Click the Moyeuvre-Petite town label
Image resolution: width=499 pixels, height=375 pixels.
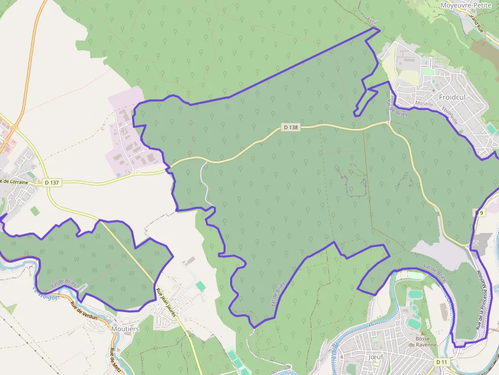(x=466, y=5)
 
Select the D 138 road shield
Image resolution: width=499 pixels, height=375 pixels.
(x=291, y=127)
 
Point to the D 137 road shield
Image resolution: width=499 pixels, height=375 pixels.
(x=52, y=182)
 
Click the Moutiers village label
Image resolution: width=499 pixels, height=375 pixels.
(x=125, y=329)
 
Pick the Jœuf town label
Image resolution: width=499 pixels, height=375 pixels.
(x=375, y=357)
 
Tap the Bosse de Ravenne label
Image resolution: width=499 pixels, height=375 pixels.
(x=423, y=341)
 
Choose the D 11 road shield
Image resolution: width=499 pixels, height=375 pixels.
(x=441, y=361)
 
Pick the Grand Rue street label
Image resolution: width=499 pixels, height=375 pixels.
(x=476, y=24)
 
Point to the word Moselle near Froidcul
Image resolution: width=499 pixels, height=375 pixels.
(x=424, y=103)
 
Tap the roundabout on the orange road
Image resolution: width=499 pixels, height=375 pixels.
(x=15, y=128)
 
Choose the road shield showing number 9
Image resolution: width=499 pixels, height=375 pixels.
(x=479, y=213)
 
